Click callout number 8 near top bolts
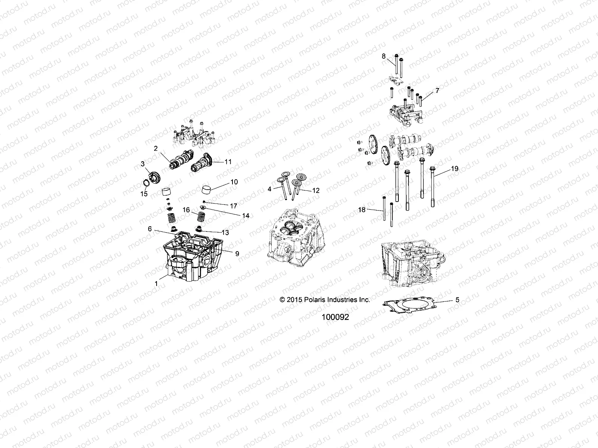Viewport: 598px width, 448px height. (x=383, y=56)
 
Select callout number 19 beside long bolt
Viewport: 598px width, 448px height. (x=454, y=169)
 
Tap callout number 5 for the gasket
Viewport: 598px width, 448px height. (x=457, y=300)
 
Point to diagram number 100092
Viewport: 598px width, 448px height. (x=335, y=317)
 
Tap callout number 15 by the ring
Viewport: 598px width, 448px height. (x=144, y=194)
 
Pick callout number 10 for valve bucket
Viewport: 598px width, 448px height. (x=234, y=182)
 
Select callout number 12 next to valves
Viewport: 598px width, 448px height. (x=316, y=190)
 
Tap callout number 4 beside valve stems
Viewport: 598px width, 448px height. (x=269, y=189)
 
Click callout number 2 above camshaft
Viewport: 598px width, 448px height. (x=155, y=149)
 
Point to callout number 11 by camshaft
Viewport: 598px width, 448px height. (x=238, y=162)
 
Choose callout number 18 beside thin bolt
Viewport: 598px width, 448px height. (x=361, y=210)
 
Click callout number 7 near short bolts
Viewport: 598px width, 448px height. (x=427, y=91)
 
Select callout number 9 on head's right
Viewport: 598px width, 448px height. (x=237, y=253)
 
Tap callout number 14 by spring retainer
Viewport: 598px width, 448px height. (x=246, y=216)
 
